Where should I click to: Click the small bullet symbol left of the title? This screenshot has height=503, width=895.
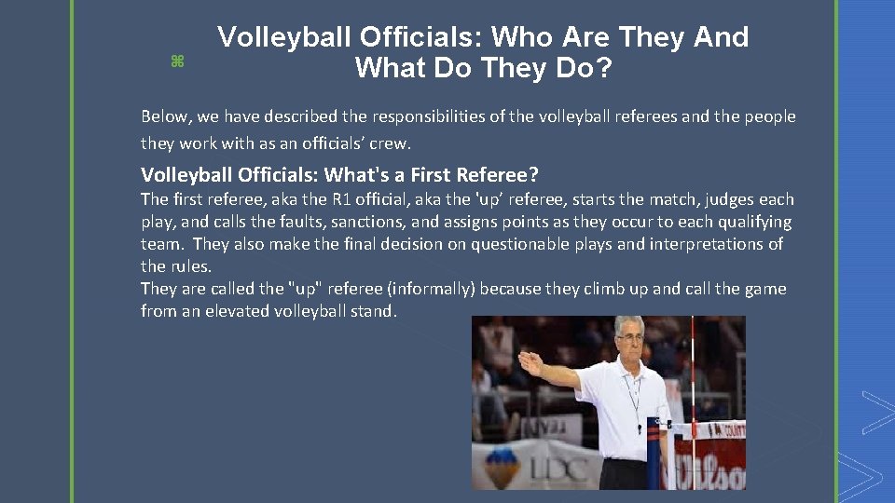176,61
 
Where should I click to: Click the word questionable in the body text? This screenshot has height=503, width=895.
523,244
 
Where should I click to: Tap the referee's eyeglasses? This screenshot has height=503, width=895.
629,344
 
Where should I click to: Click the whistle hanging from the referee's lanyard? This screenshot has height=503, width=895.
640,429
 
